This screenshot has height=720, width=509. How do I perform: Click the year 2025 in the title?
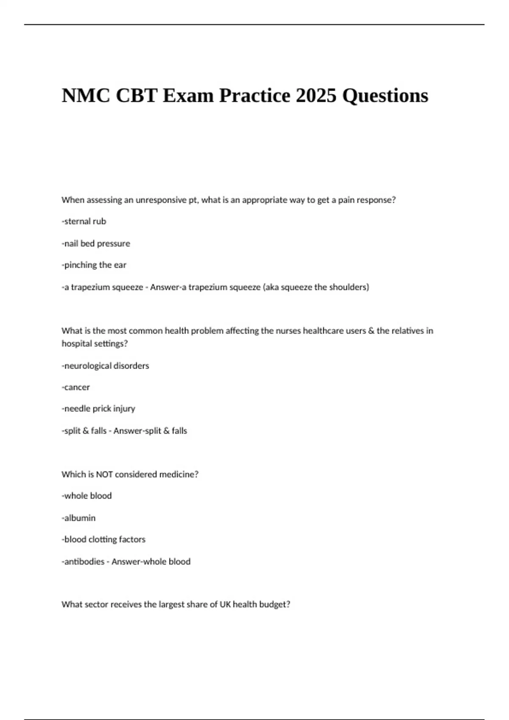(x=316, y=95)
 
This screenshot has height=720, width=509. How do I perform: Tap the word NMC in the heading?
(x=85, y=95)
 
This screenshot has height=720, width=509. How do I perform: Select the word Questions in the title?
(x=385, y=96)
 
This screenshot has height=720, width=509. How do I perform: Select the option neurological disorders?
(x=106, y=366)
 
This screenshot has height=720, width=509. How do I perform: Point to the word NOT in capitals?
(x=104, y=474)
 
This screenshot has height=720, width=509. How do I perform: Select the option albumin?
(x=79, y=518)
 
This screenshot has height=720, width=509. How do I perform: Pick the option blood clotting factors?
(x=104, y=540)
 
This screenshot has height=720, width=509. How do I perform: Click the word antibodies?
(x=84, y=562)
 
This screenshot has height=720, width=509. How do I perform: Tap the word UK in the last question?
(x=225, y=604)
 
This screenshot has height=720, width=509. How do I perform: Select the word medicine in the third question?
(x=178, y=474)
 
